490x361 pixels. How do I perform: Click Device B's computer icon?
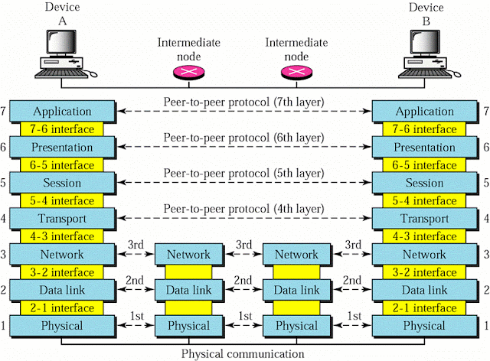click(x=423, y=57)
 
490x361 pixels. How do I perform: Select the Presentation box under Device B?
click(x=423, y=146)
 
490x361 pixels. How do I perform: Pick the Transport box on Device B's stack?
click(x=423, y=219)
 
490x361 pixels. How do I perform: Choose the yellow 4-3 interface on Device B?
click(x=423, y=236)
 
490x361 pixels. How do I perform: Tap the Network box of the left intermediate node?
click(x=188, y=255)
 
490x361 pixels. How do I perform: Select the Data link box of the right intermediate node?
click(x=296, y=290)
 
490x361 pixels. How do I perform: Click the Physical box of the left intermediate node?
click(x=188, y=326)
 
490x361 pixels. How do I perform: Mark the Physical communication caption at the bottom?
click(x=243, y=353)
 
